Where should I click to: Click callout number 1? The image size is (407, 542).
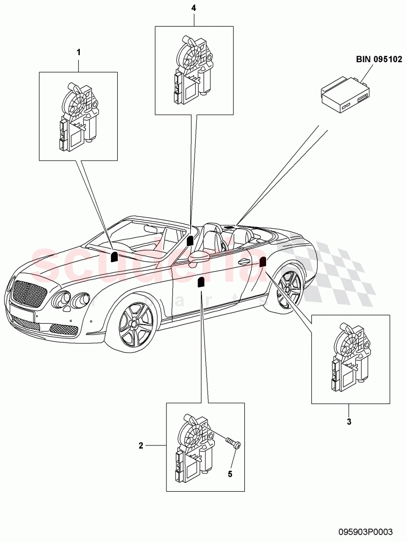tap(78, 51)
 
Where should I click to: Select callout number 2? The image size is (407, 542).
tap(141, 445)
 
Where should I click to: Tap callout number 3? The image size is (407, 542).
tap(349, 421)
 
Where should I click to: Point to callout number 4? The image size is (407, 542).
tap(194, 8)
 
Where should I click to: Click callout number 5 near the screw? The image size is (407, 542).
tap(229, 474)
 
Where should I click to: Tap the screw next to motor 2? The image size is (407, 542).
tap(233, 442)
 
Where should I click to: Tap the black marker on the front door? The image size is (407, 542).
tap(201, 282)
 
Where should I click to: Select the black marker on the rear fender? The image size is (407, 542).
tap(263, 261)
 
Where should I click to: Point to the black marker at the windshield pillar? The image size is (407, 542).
tap(190, 240)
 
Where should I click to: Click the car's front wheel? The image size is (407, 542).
tap(133, 325)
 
